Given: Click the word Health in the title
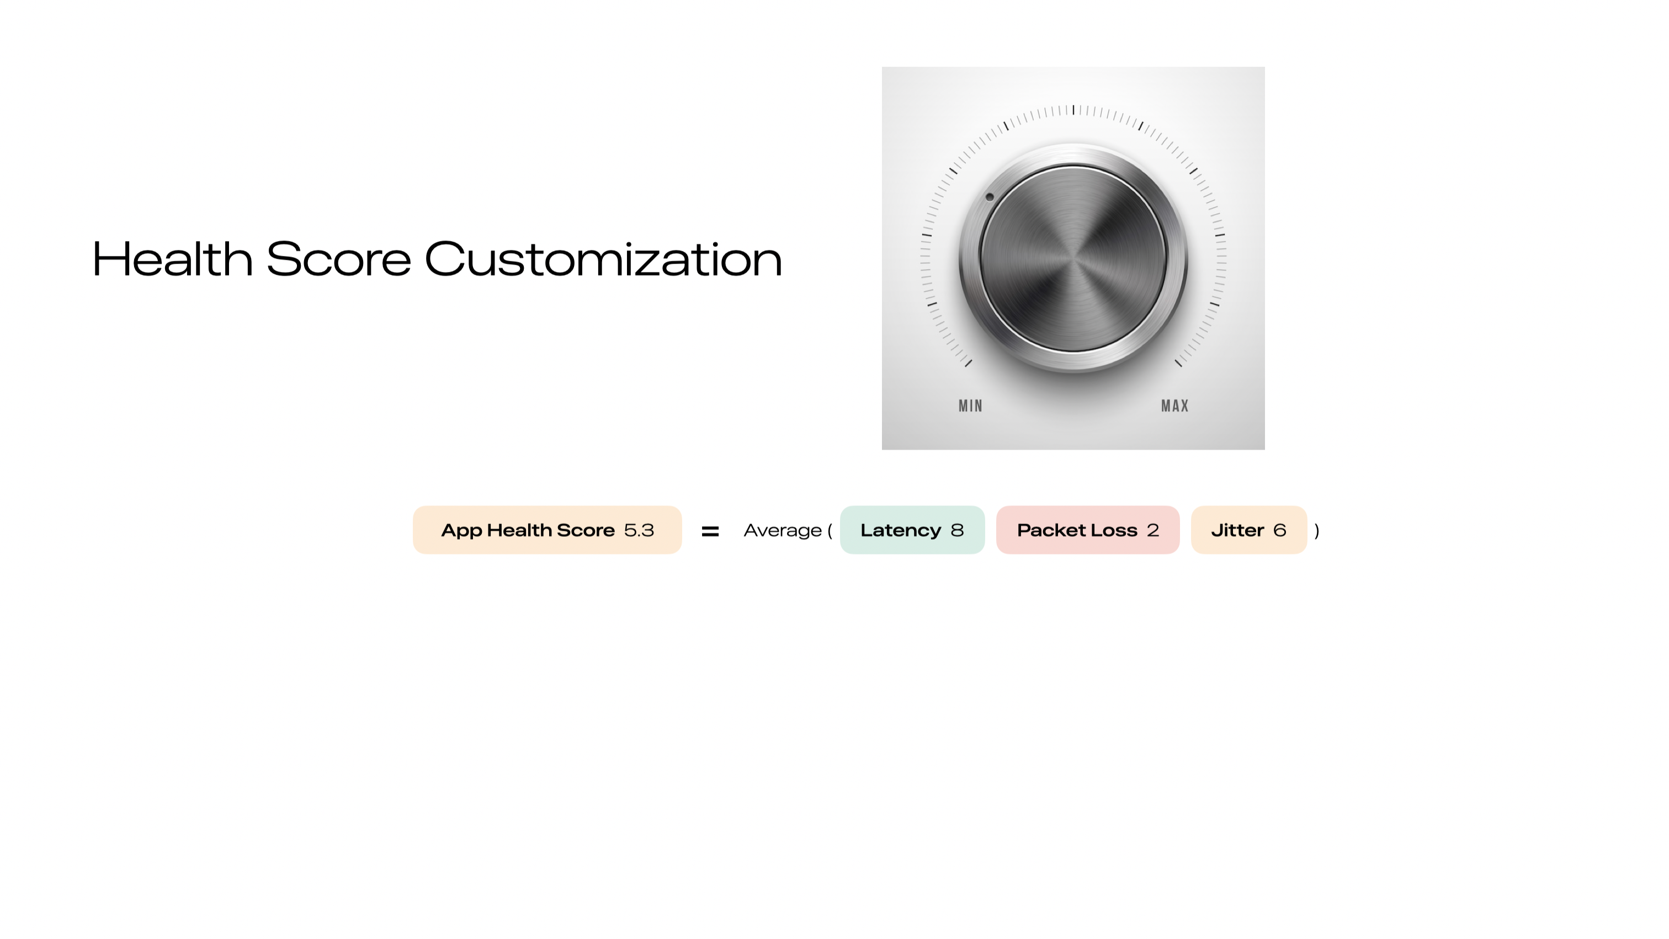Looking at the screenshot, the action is [172, 259].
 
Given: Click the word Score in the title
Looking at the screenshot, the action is [339, 259].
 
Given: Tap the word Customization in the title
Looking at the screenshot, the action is [603, 259].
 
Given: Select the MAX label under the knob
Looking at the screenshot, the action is [1174, 406].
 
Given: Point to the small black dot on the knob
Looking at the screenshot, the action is [990, 197].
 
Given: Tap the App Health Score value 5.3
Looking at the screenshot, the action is [639, 530].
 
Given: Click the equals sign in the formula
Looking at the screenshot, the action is [710, 532].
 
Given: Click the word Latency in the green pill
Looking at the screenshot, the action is [901, 530].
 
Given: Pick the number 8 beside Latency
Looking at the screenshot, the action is [957, 530].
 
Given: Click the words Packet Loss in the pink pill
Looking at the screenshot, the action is [1077, 530].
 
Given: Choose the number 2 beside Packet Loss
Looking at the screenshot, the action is [1152, 530].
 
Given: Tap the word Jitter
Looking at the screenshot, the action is [1237, 530].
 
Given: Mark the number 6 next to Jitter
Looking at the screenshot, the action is [1279, 530].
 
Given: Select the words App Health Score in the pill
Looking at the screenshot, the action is [528, 530].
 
